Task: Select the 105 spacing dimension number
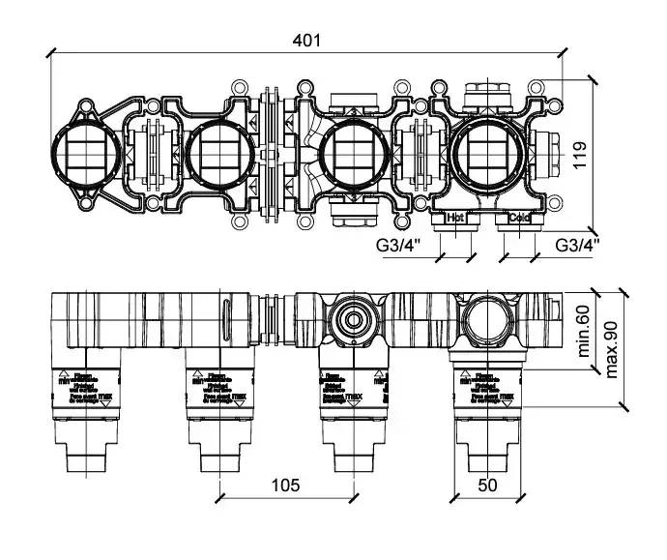point(285,484)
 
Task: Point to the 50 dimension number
point(488,484)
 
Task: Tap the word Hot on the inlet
point(456,218)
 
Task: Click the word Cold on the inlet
point(519,218)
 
